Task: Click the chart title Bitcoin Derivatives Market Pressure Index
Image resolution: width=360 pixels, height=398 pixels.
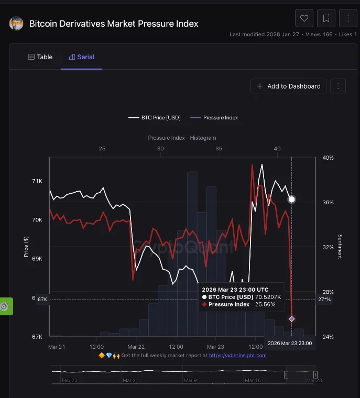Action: tap(113, 24)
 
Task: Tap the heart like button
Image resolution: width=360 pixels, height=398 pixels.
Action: tap(304, 18)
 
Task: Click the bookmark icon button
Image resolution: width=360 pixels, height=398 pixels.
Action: tap(326, 18)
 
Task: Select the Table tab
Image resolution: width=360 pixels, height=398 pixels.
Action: tap(40, 57)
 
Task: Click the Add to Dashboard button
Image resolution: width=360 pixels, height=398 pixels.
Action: tap(289, 86)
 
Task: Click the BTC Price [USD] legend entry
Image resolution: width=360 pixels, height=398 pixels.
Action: tap(155, 118)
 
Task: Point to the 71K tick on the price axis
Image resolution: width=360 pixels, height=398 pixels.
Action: tap(37, 181)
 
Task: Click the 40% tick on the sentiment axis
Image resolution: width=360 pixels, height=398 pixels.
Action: tap(328, 158)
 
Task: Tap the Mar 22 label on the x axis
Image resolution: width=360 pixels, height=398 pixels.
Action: tap(136, 347)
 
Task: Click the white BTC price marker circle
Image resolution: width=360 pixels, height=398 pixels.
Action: tap(291, 200)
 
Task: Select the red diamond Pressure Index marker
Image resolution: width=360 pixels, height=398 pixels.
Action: tap(291, 319)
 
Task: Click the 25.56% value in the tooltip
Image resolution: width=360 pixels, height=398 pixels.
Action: tap(265, 304)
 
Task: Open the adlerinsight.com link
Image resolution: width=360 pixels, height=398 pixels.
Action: tap(238, 356)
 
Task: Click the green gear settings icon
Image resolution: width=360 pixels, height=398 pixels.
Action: tap(5, 306)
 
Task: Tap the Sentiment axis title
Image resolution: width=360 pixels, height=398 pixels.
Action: tap(340, 247)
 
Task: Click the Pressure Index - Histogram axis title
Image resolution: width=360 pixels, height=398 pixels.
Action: tap(182, 138)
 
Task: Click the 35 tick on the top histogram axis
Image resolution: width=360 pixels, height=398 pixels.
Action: tap(219, 149)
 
